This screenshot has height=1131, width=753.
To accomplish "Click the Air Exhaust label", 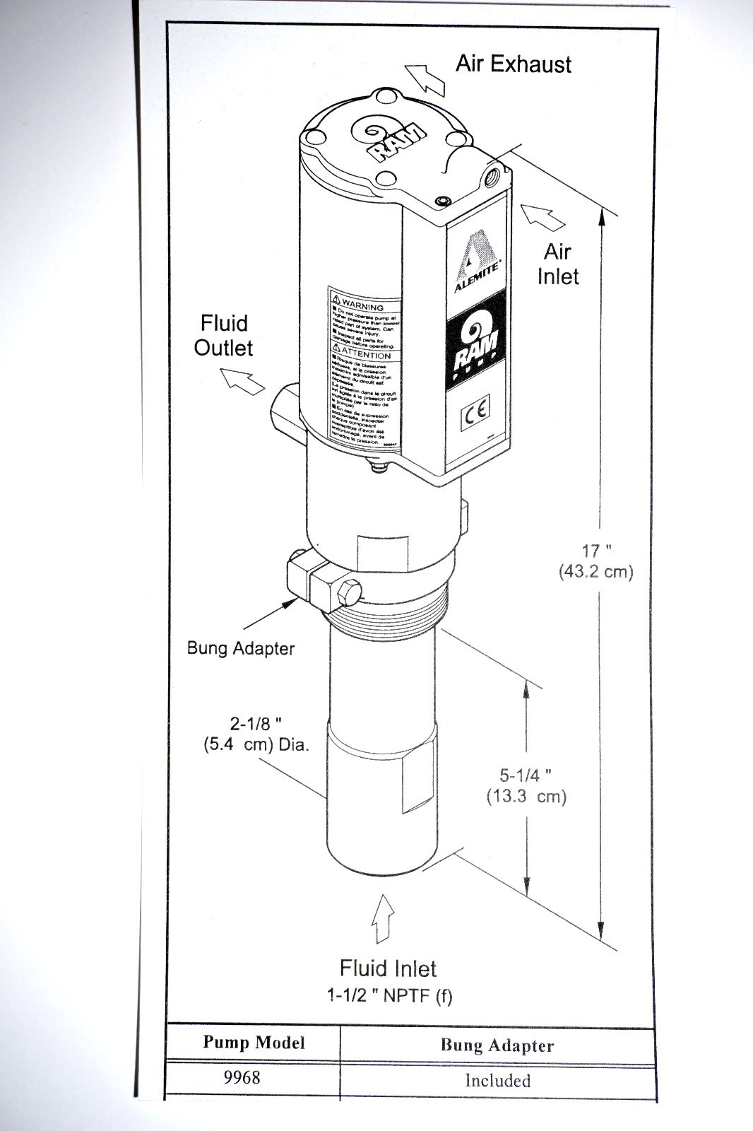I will coord(513,64).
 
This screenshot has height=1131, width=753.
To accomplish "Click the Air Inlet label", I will coord(557,264).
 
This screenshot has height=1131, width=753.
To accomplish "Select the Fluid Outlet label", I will coord(224,335).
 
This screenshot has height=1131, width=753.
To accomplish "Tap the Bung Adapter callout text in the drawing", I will coord(240,648).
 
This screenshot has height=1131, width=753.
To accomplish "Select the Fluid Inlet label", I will coord(388,968).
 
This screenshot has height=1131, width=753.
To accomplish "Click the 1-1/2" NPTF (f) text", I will coord(389,996).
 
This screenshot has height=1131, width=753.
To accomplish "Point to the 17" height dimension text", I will coord(595,561).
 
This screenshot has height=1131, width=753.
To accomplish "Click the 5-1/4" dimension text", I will coord(526,785).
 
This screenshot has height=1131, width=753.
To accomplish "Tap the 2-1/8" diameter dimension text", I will coord(256,734).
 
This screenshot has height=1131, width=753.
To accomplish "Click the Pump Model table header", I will coord(254,1043).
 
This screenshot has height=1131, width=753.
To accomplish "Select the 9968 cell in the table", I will coord(242,1077).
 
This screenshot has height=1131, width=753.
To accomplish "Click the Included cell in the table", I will coord(497,1080).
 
